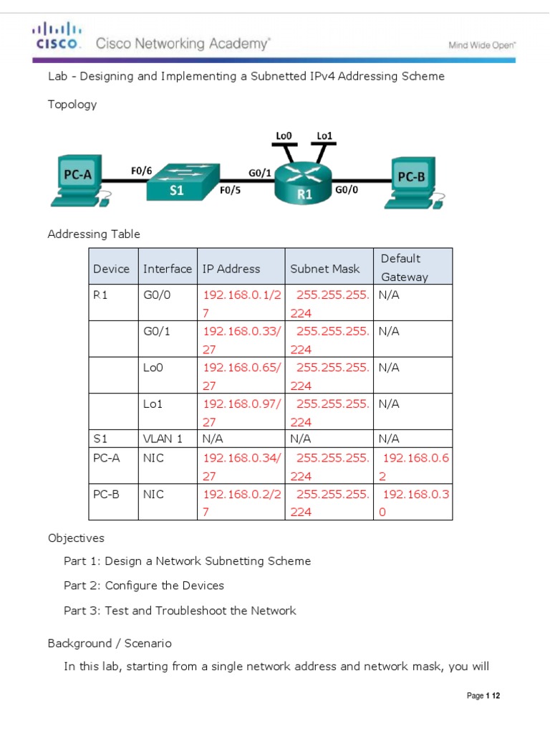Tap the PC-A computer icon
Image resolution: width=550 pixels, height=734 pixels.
[x=78, y=180]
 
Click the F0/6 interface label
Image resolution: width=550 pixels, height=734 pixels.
[x=141, y=171]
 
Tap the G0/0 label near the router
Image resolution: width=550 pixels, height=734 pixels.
[x=347, y=191]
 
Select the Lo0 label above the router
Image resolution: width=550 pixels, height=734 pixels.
[x=284, y=135]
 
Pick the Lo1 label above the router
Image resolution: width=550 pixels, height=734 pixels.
[x=324, y=135]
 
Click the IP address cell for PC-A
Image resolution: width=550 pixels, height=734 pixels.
[x=241, y=467]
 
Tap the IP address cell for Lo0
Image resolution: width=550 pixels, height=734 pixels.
[x=241, y=376]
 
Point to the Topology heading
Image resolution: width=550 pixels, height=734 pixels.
[x=72, y=105]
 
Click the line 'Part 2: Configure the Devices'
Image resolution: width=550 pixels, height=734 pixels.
[x=144, y=586]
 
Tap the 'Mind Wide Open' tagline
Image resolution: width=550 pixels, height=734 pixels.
[x=482, y=45]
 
